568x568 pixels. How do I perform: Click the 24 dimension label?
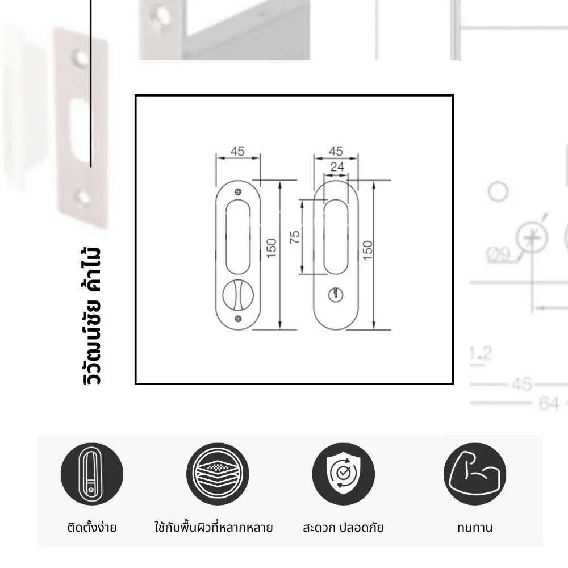click(337, 167)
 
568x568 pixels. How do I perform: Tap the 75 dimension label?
click(294, 237)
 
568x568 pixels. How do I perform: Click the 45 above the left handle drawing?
click(237, 151)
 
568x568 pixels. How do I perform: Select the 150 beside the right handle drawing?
click(367, 248)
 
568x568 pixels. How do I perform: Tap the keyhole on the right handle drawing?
click(336, 294)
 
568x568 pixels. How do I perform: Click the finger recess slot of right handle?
click(336, 237)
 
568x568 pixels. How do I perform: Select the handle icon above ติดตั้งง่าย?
click(91, 474)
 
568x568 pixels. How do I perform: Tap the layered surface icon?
click(218, 474)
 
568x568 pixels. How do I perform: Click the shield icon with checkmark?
click(343, 474)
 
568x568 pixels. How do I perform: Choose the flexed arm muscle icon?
click(474, 474)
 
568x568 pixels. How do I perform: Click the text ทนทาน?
click(474, 527)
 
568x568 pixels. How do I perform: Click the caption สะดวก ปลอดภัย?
click(343, 527)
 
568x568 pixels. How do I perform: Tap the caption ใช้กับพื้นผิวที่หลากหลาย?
click(214, 527)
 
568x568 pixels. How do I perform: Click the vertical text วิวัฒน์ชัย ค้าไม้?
click(91, 315)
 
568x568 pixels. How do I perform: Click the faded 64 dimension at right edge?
click(549, 404)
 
